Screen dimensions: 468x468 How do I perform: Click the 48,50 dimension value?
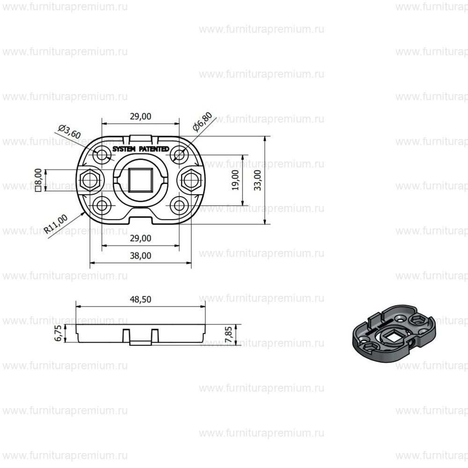(x=140, y=300)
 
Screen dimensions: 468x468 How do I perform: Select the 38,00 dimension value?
(x=140, y=256)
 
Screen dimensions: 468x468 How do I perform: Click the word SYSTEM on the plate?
(x=124, y=148)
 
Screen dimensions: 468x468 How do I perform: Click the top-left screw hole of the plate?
(x=102, y=154)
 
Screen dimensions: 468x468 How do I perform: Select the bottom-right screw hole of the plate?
(x=179, y=205)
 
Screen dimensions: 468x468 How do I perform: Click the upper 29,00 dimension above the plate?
(x=140, y=117)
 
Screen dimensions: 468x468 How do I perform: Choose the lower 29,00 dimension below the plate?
(x=140, y=238)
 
